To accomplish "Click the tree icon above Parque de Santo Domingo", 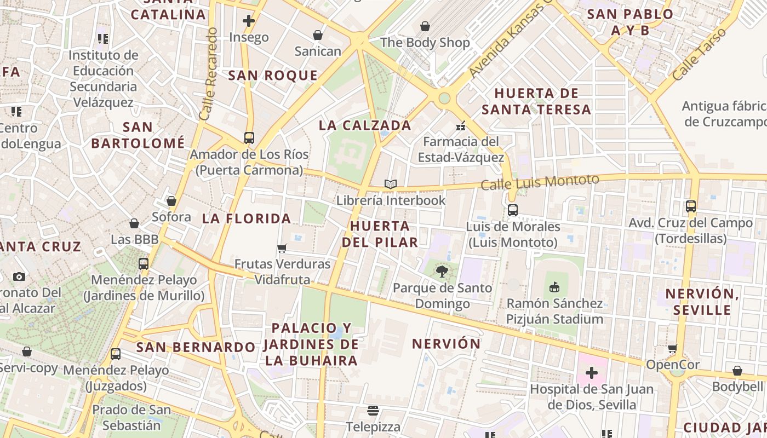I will point(442,272).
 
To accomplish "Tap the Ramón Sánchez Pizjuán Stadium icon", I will point(554,287).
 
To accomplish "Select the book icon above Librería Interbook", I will point(390,185).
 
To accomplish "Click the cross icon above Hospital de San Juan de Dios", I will point(592,373).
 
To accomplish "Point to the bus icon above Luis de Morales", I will point(513,210).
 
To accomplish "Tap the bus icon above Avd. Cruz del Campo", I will point(691,206).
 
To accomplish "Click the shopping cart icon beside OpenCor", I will point(673,349).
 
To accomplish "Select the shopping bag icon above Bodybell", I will point(737,371).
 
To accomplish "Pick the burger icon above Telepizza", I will point(373,411).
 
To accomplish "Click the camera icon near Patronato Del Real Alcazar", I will point(19,276).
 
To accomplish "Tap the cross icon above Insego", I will point(249,21).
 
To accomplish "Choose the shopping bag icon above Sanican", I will point(317,35).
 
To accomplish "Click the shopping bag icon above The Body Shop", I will point(425,26).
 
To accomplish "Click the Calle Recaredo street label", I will point(209,74).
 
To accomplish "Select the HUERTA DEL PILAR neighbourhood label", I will point(380,234).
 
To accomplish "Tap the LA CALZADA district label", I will point(365,125).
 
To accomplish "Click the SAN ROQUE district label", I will point(273,76).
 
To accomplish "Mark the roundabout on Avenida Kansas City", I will point(444,98).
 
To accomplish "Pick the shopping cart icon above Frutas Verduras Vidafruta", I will point(282,249).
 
